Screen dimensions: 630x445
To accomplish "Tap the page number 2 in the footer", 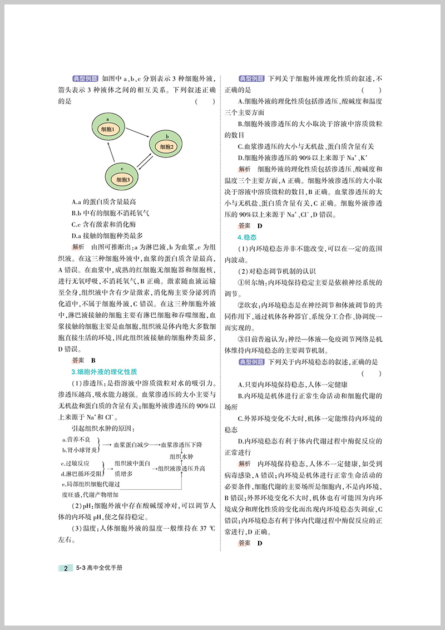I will click(66, 568).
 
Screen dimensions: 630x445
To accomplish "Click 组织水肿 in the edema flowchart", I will click(175, 456).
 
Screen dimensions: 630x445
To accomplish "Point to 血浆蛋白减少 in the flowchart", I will click(131, 445).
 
